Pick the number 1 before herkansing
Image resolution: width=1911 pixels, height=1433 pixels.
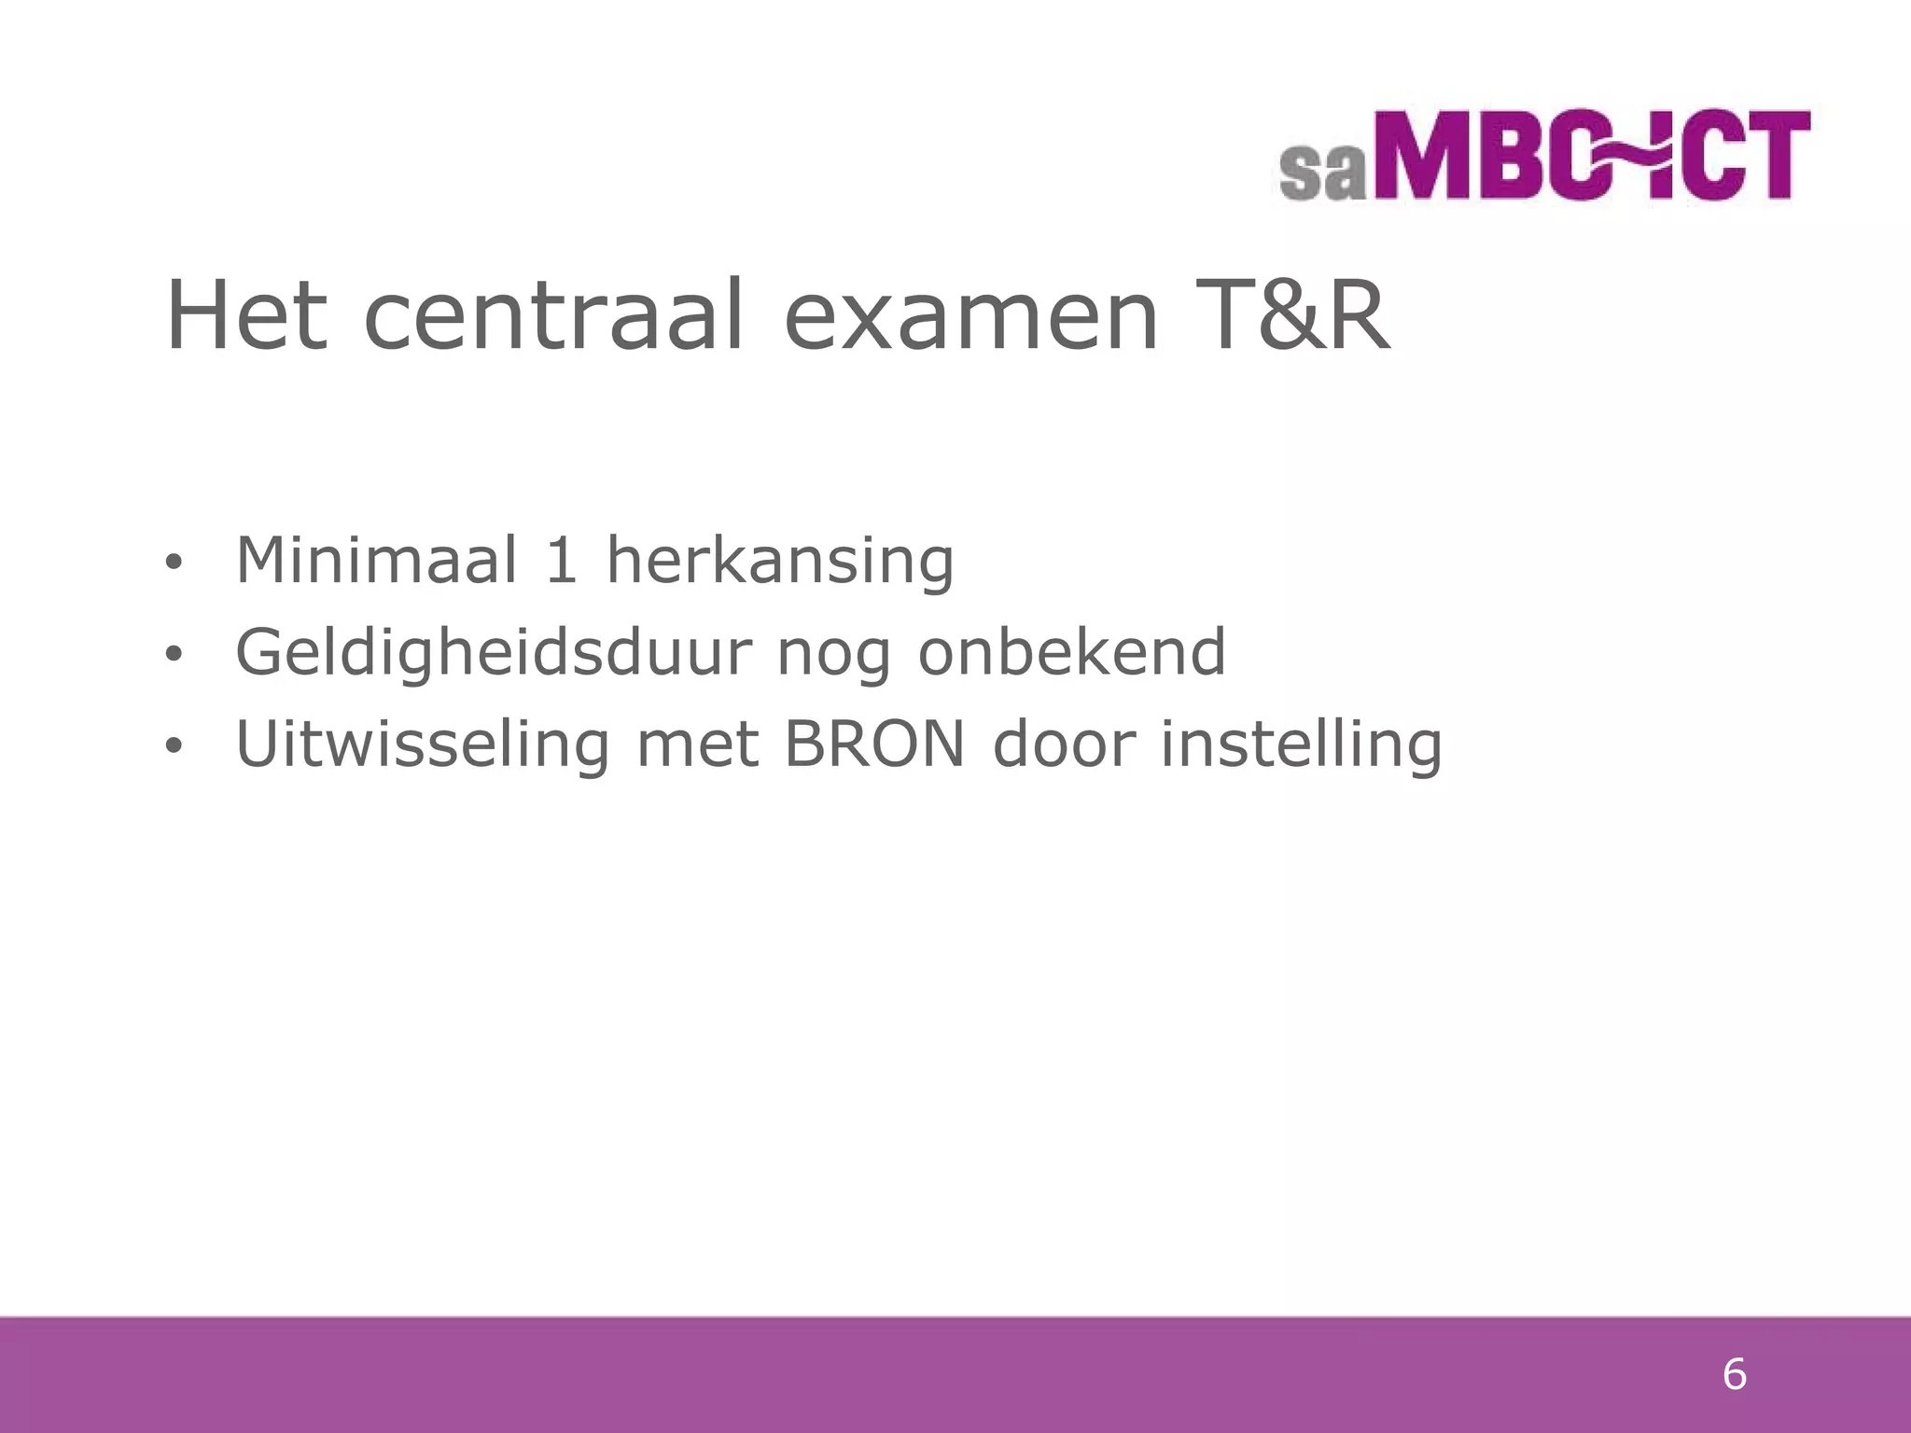pyautogui.click(x=561, y=561)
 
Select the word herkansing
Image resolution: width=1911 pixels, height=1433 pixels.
pyautogui.click(x=780, y=561)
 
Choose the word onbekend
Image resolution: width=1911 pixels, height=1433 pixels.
pyautogui.click(x=1072, y=652)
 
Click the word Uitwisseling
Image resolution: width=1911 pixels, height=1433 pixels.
pyautogui.click(x=423, y=744)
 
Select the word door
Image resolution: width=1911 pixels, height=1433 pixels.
pyautogui.click(x=1064, y=744)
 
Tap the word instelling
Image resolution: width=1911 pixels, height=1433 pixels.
pyautogui.click(x=1302, y=744)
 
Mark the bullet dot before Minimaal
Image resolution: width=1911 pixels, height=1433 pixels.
pyautogui.click(x=173, y=563)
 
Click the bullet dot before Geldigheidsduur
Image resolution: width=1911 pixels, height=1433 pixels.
pyautogui.click(x=173, y=654)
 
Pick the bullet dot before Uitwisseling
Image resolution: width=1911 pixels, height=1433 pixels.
pyautogui.click(x=173, y=746)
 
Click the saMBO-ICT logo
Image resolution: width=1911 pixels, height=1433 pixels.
pyautogui.click(x=1545, y=156)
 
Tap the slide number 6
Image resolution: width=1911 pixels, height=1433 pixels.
pyautogui.click(x=1734, y=1375)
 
